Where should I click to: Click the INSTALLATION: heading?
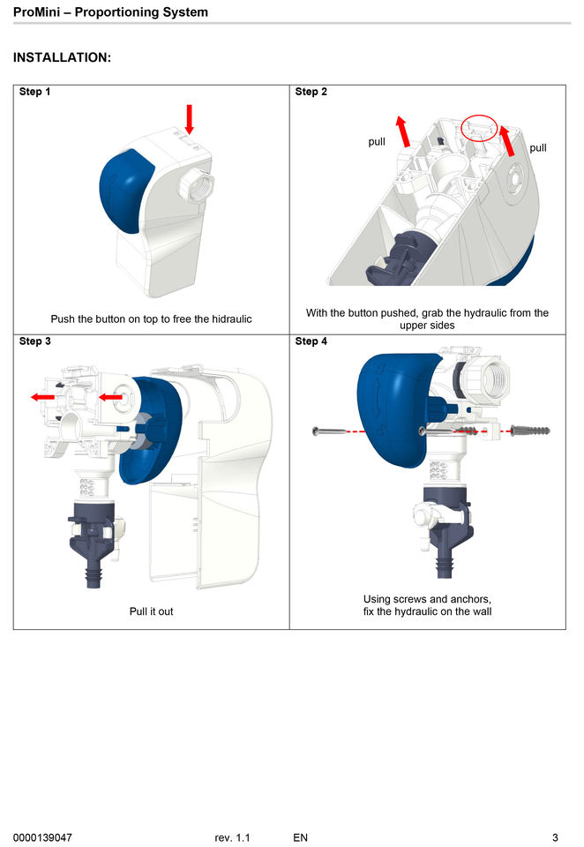pos(62,58)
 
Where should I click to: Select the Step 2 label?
pos(311,92)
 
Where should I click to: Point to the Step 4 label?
pos(311,341)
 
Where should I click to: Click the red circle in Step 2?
pos(480,129)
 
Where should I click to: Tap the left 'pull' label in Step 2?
pos(377,141)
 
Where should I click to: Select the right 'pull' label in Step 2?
pos(538,147)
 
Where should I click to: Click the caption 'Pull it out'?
pos(151,611)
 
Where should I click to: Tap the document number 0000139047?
pos(42,836)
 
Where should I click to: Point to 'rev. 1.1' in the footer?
pos(232,836)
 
